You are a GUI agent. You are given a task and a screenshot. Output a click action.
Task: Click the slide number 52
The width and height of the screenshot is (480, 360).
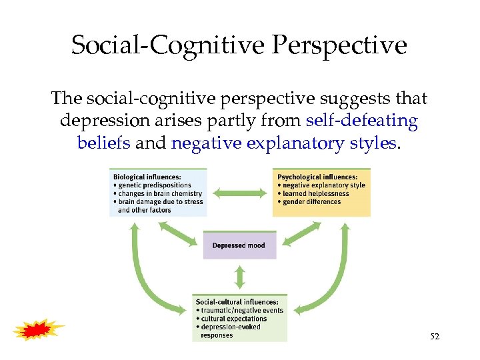point(435,337)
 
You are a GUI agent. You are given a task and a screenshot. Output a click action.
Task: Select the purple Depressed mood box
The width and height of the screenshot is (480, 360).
point(239,245)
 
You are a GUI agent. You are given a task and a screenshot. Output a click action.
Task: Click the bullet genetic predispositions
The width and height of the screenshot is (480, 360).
point(154,185)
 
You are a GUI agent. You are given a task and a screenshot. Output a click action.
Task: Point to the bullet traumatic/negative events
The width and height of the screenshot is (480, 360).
point(242,311)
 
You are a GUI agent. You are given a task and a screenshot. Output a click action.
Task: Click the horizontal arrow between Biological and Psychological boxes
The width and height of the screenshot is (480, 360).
point(239,193)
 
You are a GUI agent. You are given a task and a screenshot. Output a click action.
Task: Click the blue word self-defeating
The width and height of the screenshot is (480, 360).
point(362,121)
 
